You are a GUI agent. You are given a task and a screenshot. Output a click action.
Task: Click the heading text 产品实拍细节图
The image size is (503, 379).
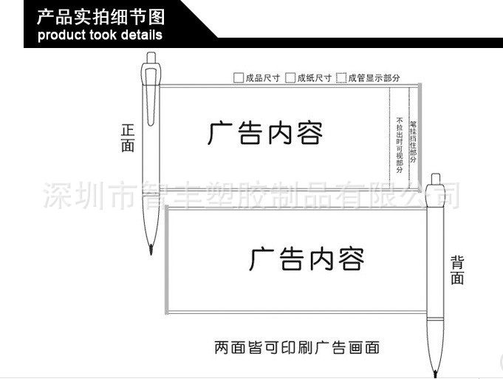point(101,17)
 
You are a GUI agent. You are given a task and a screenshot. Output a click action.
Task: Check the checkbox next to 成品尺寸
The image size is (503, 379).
point(238,78)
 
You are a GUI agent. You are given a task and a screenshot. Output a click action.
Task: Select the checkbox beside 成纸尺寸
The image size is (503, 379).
point(290,78)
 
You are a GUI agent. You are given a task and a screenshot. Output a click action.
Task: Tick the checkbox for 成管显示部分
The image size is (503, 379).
point(341,78)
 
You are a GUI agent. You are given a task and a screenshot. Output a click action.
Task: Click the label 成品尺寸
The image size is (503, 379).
point(262,78)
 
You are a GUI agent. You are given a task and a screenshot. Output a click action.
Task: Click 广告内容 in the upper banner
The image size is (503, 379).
point(265,134)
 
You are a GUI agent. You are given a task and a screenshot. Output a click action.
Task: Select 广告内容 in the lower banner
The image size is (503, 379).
point(307,259)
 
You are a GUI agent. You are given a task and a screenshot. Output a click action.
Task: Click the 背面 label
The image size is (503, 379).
point(457,270)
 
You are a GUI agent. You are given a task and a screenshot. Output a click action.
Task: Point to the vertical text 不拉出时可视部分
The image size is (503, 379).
point(400,145)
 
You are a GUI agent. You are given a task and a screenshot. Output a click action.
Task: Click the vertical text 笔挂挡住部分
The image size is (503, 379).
point(413,140)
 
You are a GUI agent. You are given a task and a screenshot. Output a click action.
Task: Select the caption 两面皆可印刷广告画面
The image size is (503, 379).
point(297,346)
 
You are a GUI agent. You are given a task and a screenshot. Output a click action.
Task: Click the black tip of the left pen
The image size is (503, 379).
point(151,246)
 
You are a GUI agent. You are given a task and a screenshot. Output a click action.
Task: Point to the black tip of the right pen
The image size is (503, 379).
point(436,369)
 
